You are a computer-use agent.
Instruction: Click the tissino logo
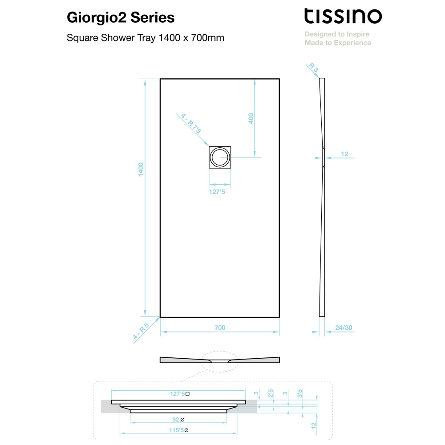pyautogui.click(x=343, y=16)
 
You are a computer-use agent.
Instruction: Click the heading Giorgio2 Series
pyautogui.click(x=121, y=18)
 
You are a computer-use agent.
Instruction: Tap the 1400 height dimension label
pyautogui.click(x=141, y=170)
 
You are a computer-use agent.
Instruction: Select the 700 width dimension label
pyautogui.click(x=220, y=328)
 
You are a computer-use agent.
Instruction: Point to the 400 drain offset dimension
pyautogui.click(x=251, y=118)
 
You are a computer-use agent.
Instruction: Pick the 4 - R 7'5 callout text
pyautogui.click(x=191, y=123)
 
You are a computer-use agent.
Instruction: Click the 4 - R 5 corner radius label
pyautogui.click(x=141, y=331)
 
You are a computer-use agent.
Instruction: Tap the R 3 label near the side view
pyautogui.click(x=314, y=67)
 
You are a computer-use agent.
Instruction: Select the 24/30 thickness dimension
pyautogui.click(x=344, y=328)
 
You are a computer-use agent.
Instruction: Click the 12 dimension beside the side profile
pyautogui.click(x=344, y=154)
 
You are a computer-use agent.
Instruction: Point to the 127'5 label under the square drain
pyautogui.click(x=217, y=192)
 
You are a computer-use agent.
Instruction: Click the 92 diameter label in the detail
pyautogui.click(x=178, y=420)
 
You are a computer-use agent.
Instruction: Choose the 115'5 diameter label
pyautogui.click(x=179, y=430)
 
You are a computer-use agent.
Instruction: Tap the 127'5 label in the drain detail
pyautogui.click(x=180, y=394)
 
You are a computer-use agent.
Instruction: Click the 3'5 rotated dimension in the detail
pyautogui.click(x=300, y=394)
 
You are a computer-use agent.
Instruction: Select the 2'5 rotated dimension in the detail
pyautogui.click(x=271, y=393)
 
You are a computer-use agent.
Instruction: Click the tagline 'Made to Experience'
pyautogui.click(x=338, y=43)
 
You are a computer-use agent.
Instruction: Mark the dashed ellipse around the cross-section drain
pyautogui.click(x=220, y=352)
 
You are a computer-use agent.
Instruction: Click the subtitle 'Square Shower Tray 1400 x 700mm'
pyautogui.click(x=146, y=38)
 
